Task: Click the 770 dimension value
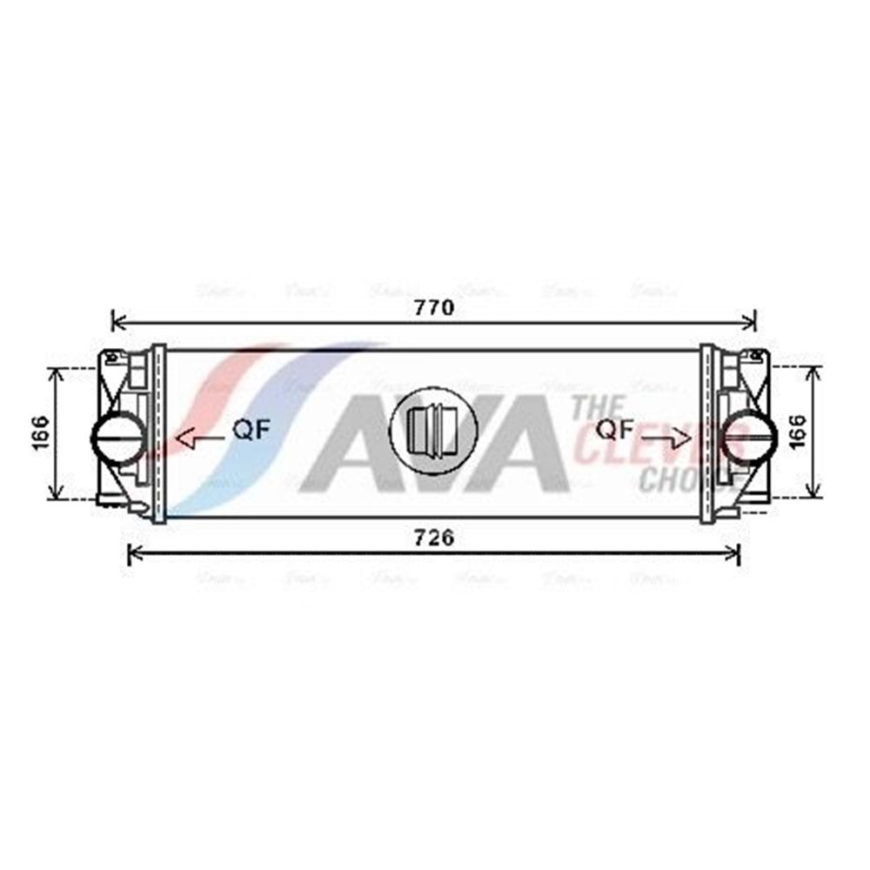[434, 307]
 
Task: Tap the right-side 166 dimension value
[798, 432]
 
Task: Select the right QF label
[614, 429]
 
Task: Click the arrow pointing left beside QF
[198, 438]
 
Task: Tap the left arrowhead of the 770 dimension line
[118, 322]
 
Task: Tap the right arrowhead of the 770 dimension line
[751, 322]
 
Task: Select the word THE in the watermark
[598, 407]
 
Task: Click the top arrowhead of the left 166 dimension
[57, 372]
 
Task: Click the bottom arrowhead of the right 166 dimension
[814, 493]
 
